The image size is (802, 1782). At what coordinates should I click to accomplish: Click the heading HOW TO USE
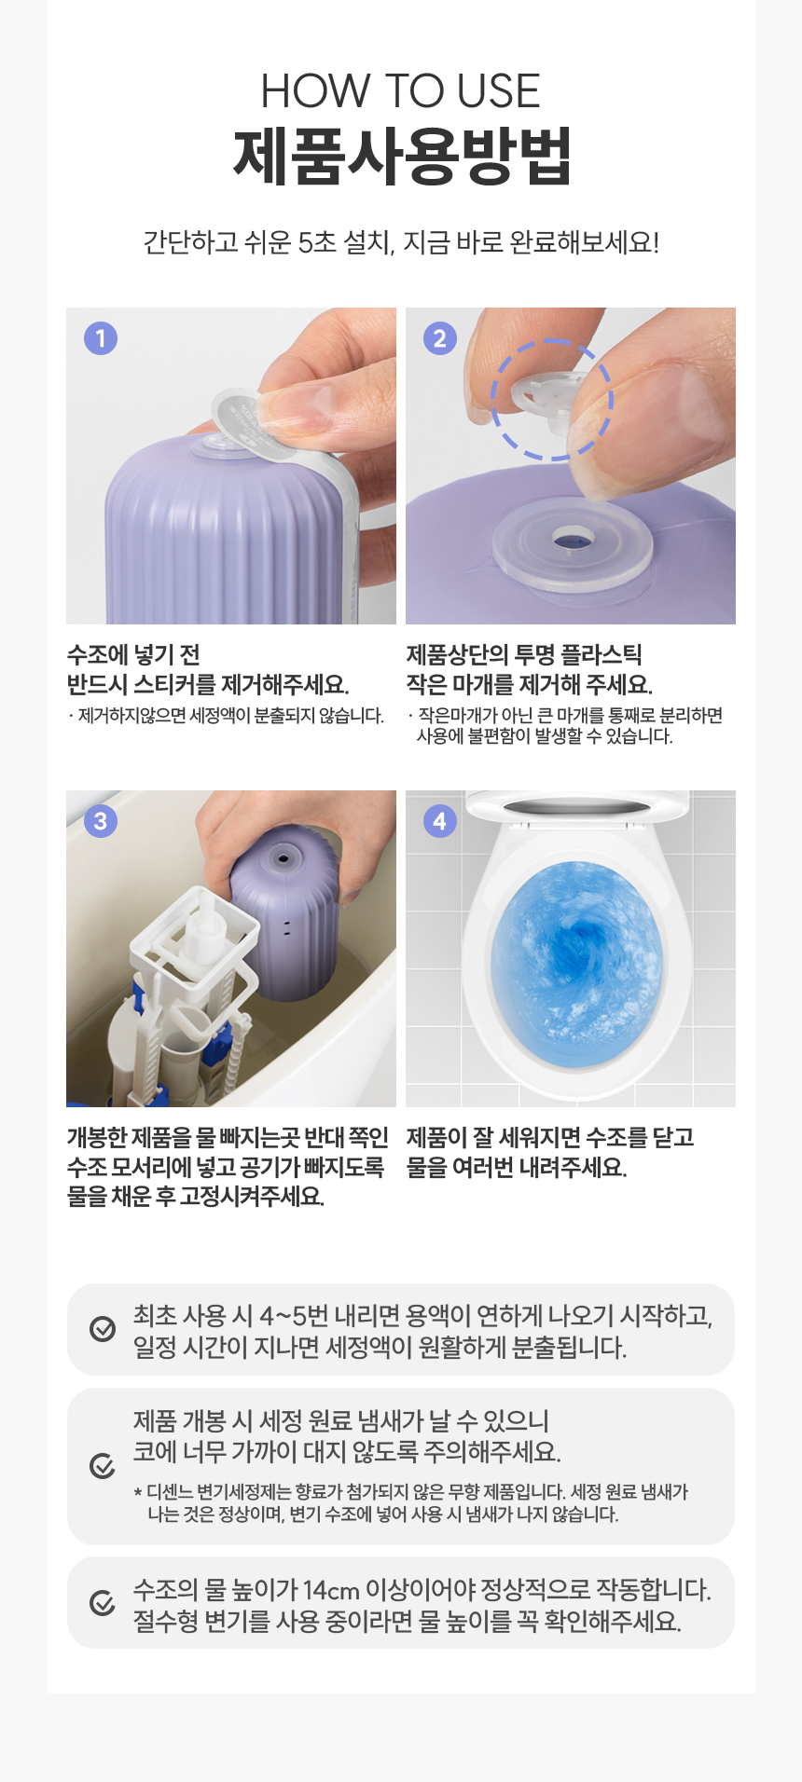[400, 90]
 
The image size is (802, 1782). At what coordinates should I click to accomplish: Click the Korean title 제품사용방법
[401, 156]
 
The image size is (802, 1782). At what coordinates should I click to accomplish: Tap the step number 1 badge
[101, 337]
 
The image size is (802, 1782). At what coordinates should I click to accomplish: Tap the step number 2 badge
[440, 337]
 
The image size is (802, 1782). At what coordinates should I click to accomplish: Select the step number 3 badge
[101, 820]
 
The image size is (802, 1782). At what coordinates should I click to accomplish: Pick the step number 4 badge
[440, 820]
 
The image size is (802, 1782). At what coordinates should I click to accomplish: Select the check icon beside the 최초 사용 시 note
[103, 1329]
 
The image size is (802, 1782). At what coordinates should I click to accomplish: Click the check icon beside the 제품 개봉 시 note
[103, 1466]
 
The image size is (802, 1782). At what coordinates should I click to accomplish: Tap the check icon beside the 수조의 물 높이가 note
[103, 1602]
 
